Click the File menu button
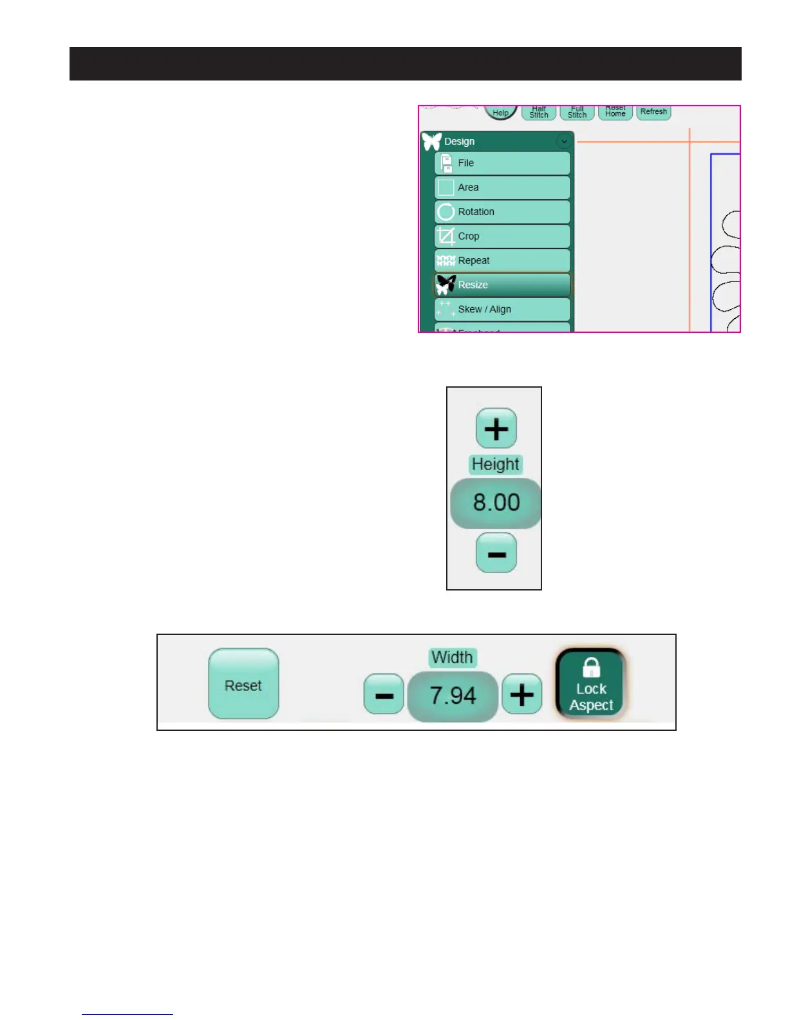click(x=502, y=163)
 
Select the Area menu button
click(x=502, y=187)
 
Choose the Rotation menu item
click(x=502, y=212)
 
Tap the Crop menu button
click(x=502, y=236)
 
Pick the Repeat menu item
click(x=502, y=261)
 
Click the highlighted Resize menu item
click(x=502, y=285)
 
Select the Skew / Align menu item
click(x=502, y=309)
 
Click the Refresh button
click(x=653, y=112)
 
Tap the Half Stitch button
click(x=539, y=113)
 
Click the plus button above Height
click(x=496, y=428)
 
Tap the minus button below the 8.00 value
click(x=496, y=553)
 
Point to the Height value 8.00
click(x=496, y=503)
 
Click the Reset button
click(x=243, y=685)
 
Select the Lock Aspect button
click(x=591, y=685)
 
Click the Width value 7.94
click(x=453, y=696)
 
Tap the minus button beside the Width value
click(x=384, y=695)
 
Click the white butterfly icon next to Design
click(x=432, y=141)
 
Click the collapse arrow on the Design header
click(x=564, y=141)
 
